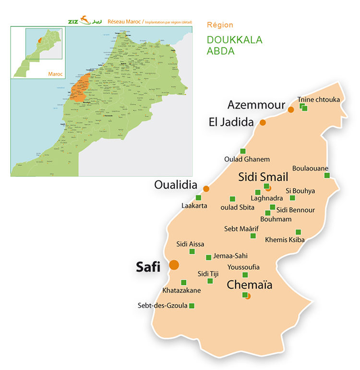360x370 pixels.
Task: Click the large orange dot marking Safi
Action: point(174,264)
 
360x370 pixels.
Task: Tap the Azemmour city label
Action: point(256,105)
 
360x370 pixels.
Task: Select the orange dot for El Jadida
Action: point(263,123)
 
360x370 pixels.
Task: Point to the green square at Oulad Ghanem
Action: point(243,151)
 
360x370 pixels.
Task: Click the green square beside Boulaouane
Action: point(327,175)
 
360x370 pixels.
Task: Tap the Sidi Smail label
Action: point(263,177)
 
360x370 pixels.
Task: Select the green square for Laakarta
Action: point(198,197)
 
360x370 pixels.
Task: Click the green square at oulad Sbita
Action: point(232,198)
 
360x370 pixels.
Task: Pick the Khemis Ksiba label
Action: point(285,239)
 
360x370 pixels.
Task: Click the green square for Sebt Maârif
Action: point(253,235)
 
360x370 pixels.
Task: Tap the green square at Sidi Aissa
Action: point(192,251)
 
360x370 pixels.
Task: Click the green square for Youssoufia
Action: point(245,275)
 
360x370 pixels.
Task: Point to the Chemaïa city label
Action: point(249,285)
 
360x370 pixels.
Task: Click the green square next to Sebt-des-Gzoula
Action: point(192,306)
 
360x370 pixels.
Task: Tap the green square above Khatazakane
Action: point(183,283)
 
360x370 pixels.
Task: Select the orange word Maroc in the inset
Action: point(56,74)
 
